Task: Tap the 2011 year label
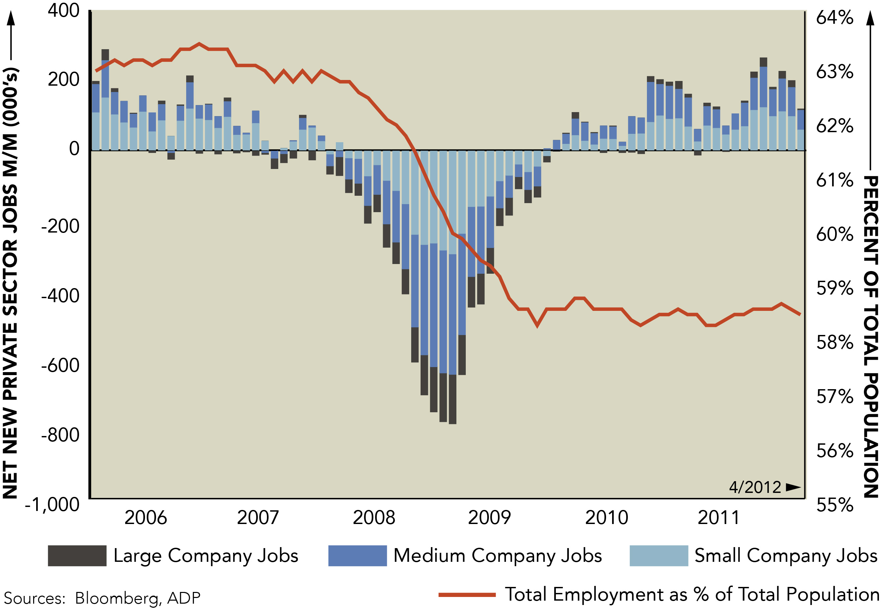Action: [719, 517]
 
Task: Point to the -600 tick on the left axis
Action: [60, 365]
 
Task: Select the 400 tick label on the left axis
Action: [63, 11]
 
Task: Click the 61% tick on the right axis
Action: [834, 180]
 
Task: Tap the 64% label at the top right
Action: [834, 17]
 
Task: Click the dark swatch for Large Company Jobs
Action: [77, 556]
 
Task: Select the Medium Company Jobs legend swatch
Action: [357, 556]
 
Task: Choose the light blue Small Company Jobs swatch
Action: [658, 556]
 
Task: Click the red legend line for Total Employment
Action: [466, 595]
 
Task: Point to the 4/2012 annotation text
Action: [755, 487]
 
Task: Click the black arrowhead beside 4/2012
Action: [793, 487]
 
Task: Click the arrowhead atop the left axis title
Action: [11, 17]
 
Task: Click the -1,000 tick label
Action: [52, 505]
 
